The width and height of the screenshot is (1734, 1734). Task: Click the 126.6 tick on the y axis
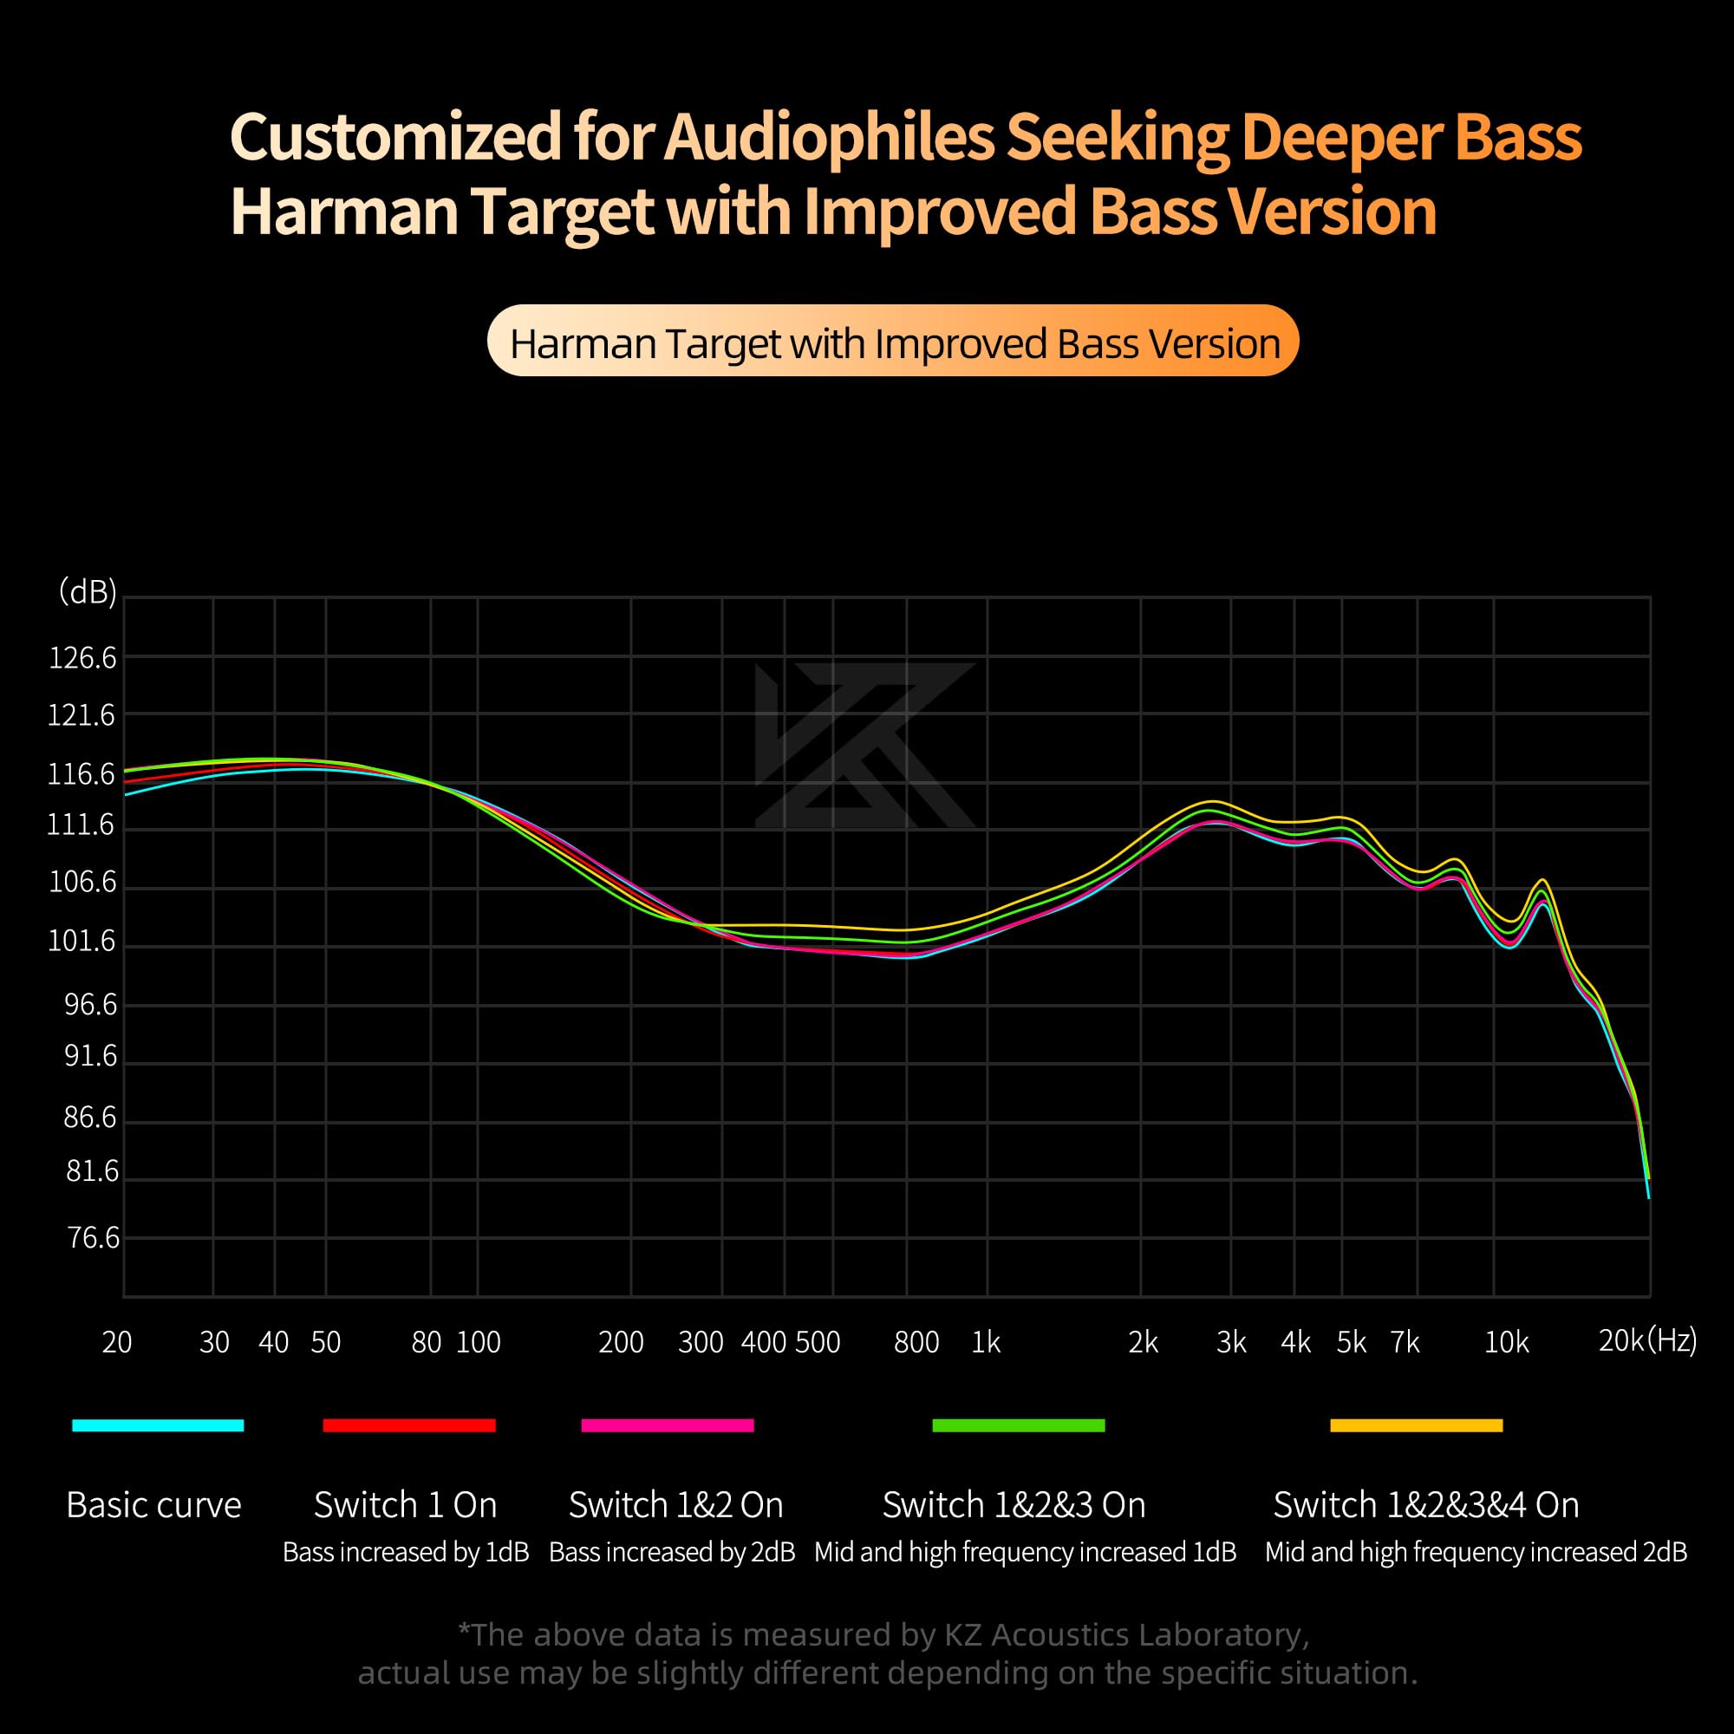81,658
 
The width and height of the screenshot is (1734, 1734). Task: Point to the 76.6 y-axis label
93,1238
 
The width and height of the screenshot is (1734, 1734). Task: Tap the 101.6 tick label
81,941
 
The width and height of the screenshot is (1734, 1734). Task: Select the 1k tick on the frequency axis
986,1342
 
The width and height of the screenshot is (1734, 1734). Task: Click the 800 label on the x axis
916,1342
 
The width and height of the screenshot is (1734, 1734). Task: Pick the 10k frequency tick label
1506,1342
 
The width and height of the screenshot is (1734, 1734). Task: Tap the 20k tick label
1621,1340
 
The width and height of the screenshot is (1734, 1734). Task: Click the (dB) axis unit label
87,592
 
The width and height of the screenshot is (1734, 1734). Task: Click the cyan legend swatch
158,1425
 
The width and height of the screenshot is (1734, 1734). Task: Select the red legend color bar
408,1425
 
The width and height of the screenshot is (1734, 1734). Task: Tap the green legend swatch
1019,1425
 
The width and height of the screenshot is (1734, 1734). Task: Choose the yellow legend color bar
1417,1425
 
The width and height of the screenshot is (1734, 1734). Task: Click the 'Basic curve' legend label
153,1505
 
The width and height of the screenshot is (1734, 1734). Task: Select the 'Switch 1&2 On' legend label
676,1505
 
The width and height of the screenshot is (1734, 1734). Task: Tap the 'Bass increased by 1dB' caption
406,1552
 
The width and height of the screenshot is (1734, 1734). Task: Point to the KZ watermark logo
864,745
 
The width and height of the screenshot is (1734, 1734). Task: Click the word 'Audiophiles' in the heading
830,136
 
